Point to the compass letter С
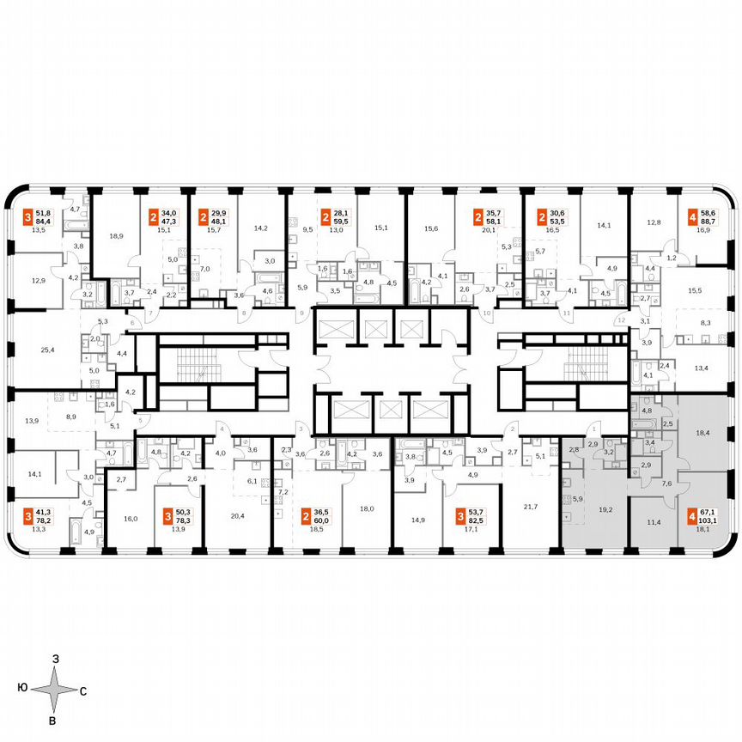(x=82, y=690)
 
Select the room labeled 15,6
(x=431, y=228)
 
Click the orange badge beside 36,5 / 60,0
(x=307, y=517)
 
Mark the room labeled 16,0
(x=131, y=520)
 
